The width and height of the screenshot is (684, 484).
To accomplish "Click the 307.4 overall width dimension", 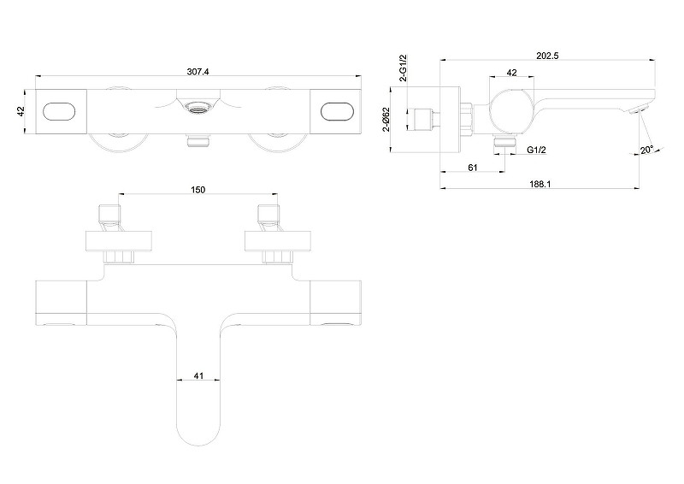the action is click(198, 72).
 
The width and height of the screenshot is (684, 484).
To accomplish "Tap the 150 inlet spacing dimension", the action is click(198, 190).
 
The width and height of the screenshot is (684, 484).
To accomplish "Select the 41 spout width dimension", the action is click(198, 375).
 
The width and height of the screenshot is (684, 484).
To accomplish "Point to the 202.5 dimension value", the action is click(547, 56).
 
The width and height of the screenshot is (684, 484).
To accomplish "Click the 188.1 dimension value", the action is click(540, 184).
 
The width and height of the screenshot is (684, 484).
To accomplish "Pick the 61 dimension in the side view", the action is click(473, 168).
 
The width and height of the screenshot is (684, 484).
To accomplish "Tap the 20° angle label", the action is click(647, 151).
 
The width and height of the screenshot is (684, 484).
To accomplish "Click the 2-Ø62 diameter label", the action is click(386, 119).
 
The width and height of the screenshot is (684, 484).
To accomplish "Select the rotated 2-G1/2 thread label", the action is click(403, 68).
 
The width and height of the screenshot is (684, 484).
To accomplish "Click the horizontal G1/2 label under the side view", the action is click(537, 150).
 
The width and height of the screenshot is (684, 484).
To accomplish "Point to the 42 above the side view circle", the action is click(511, 73).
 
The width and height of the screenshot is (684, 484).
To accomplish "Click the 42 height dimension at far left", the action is click(21, 111).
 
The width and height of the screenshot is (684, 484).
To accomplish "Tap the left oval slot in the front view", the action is click(59, 111).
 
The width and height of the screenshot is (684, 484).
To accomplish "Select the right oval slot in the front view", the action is click(337, 111).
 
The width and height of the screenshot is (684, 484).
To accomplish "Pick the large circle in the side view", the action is click(511, 111).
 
